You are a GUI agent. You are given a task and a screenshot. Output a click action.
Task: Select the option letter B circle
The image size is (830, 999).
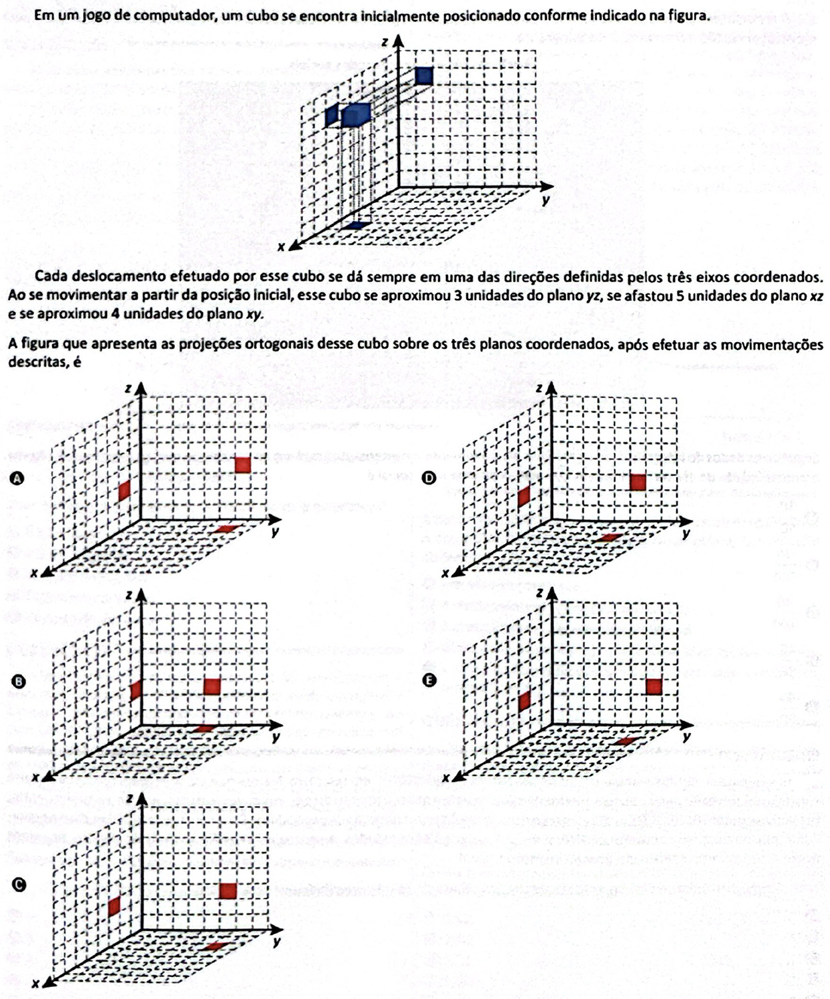pos(19,680)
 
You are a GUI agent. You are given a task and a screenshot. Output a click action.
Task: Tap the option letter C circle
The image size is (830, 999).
pos(19,884)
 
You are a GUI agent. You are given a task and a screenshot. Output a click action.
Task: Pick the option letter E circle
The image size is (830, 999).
pos(429,680)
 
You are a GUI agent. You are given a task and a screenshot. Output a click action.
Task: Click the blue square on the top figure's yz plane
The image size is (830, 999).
pos(424,75)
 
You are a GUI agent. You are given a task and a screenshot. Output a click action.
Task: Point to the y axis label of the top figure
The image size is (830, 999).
pos(546,199)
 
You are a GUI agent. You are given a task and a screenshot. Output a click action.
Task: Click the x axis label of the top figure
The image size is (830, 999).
pos(282,247)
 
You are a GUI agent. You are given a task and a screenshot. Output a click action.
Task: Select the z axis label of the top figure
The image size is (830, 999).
pos(385,41)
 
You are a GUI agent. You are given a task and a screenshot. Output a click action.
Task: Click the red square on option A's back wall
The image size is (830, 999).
pos(243,464)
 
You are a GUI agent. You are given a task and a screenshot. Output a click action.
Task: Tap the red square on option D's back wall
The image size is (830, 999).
pos(638,482)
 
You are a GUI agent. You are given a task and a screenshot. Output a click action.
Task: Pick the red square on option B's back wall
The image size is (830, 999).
pos(212,686)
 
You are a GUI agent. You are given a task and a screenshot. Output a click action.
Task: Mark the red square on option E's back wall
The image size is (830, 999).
pos(654,686)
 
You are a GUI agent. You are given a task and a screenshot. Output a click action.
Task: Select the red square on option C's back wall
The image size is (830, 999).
pos(228,891)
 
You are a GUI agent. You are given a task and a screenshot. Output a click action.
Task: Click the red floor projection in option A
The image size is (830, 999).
pos(228,528)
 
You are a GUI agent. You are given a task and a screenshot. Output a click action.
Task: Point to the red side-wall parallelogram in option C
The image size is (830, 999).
pos(114,906)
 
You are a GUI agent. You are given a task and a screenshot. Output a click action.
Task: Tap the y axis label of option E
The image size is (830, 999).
pos(686,737)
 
